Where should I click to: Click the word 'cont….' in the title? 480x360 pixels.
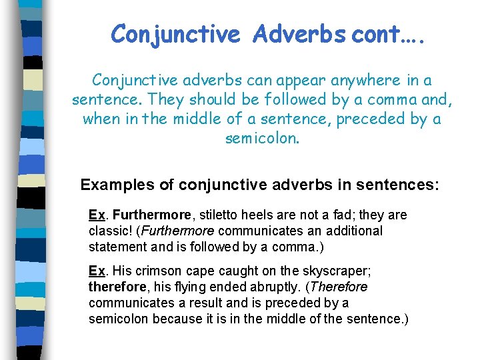pyautogui.click(x=385, y=33)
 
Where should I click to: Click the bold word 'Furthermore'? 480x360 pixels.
pyautogui.click(x=152, y=215)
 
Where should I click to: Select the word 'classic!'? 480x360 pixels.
pyautogui.click(x=110, y=231)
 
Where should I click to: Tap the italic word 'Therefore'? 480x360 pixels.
pyautogui.click(x=339, y=287)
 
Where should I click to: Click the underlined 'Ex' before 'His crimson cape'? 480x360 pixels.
pyautogui.click(x=97, y=271)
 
